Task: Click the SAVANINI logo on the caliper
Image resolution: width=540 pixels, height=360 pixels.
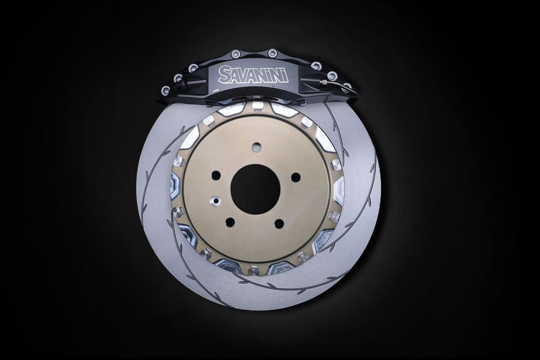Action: pos(253,74)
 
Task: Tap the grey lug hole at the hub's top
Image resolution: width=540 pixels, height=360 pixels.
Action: pos(255,147)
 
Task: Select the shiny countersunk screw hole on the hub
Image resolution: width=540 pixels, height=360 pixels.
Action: pos(216,201)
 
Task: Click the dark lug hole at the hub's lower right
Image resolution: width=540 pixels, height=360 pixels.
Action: pos(279,223)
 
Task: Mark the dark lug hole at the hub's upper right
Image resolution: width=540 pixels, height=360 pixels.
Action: pos(295,177)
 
